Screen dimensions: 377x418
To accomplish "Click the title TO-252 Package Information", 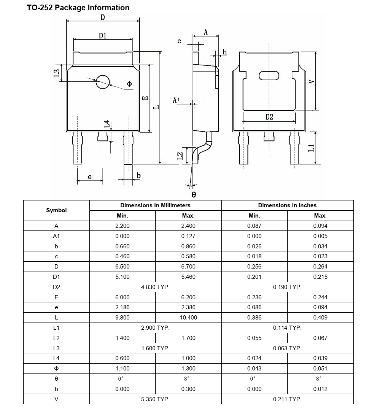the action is pyautogui.click(x=78, y=8).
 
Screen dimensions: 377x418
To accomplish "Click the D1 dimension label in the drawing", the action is pyautogui.click(x=103, y=35).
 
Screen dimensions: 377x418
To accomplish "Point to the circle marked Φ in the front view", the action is pyautogui.click(x=103, y=81).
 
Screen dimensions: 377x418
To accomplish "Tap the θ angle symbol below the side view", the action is pyautogui.click(x=194, y=195).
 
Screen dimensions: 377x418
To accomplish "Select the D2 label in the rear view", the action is pyautogui.click(x=269, y=117).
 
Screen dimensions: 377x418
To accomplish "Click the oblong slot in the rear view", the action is pyautogui.click(x=269, y=76).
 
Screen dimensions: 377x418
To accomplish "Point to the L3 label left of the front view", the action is pyautogui.click(x=56, y=73).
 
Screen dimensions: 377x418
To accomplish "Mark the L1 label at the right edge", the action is pyautogui.click(x=311, y=148).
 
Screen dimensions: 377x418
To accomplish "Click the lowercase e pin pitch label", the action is pyautogui.click(x=90, y=177).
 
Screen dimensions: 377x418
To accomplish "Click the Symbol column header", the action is pyautogui.click(x=56, y=210).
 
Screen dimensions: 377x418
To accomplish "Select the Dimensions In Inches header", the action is pyautogui.click(x=287, y=205).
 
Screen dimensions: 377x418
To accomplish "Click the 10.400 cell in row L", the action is pyautogui.click(x=188, y=318).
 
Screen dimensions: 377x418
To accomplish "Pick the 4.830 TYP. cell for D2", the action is pyautogui.click(x=155, y=287).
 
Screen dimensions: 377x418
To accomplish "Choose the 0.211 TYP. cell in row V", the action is pyautogui.click(x=287, y=399).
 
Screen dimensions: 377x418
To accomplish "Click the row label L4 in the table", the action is pyautogui.click(x=56, y=358).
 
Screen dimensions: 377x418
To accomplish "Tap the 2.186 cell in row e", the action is pyautogui.click(x=122, y=307).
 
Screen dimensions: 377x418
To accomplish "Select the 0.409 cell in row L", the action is pyautogui.click(x=320, y=318).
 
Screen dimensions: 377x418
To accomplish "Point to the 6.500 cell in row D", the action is pyautogui.click(x=122, y=267).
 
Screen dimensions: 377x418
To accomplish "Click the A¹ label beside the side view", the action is pyautogui.click(x=176, y=100).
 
